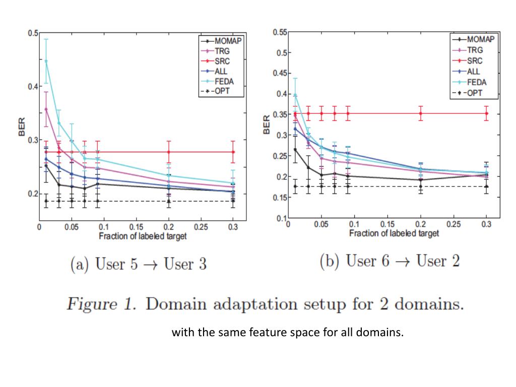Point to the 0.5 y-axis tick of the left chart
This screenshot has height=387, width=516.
click(33, 33)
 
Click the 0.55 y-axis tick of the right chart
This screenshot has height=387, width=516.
click(280, 32)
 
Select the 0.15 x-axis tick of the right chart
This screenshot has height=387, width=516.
click(387, 224)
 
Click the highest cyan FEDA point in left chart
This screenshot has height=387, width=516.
click(46, 61)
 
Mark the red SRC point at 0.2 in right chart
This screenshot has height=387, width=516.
click(421, 113)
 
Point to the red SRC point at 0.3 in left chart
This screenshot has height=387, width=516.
click(233, 152)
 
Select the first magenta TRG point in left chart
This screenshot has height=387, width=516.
click(46, 109)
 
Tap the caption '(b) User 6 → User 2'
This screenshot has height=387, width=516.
click(390, 262)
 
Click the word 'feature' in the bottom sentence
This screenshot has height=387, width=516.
click(264, 333)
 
